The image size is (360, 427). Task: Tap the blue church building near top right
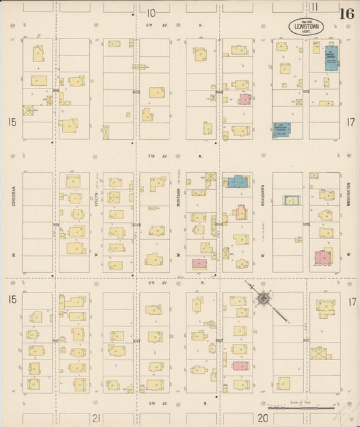[330, 59]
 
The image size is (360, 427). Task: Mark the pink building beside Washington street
[323, 257]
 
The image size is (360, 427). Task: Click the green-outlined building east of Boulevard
[291, 200]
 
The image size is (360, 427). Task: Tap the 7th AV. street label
[151, 156]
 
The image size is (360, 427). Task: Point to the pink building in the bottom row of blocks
[239, 366]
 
